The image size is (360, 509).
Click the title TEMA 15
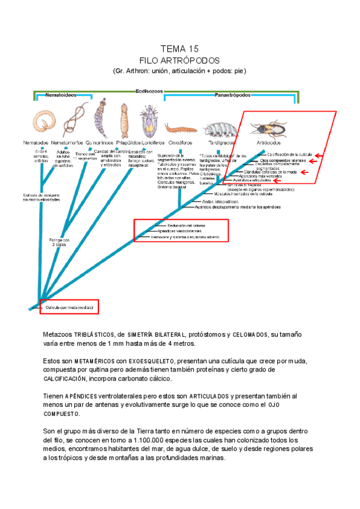[179, 49]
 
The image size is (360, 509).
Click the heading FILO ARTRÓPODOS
[179, 61]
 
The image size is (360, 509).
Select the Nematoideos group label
[56, 95]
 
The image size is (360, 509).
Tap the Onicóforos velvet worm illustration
[178, 128]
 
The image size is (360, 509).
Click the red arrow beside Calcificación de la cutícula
[320, 155]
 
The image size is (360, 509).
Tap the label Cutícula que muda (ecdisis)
[69, 307]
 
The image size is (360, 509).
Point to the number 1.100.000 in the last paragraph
[165, 440]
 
